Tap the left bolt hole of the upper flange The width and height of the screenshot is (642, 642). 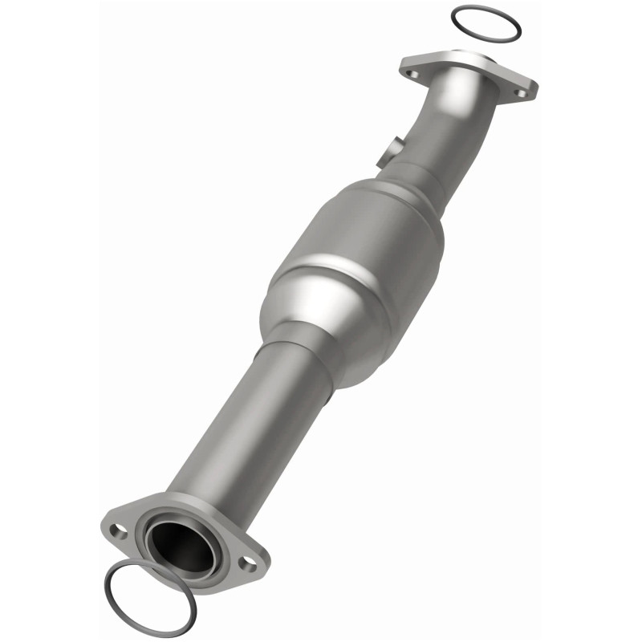point(413,74)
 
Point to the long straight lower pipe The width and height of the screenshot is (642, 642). point(241,433)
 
